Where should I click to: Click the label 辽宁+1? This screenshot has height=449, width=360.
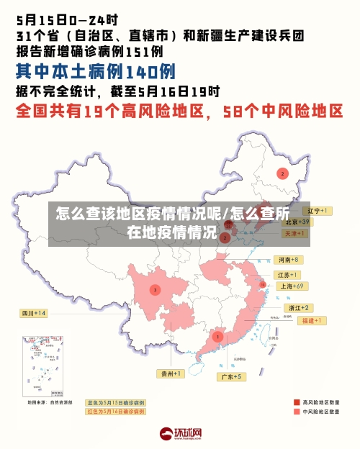point(316,211)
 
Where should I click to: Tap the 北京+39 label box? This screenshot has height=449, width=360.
point(295,222)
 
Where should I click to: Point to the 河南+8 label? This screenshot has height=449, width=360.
point(288,260)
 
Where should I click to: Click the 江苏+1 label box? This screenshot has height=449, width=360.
point(288,275)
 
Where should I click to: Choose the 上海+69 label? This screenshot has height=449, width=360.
point(292,286)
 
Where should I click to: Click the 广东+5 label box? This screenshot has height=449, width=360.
point(231,376)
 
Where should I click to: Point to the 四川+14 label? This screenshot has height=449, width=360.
point(34,314)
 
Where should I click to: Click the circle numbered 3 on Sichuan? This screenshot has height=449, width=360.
point(155,289)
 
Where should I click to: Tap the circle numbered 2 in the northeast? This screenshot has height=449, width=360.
point(282,173)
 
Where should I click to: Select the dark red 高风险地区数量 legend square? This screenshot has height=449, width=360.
point(296,402)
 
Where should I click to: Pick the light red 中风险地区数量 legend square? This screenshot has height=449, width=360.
point(296,412)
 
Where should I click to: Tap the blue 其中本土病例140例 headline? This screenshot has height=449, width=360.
point(95,71)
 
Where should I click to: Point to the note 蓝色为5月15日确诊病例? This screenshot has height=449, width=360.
point(115,402)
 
